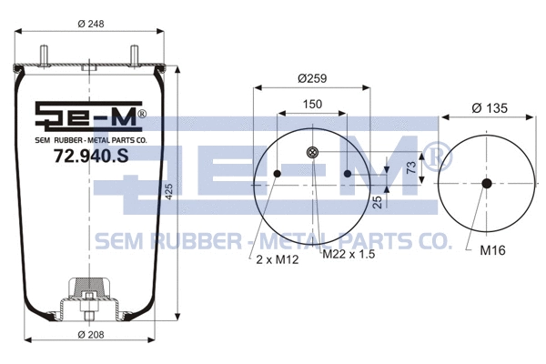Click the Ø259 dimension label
(x=312, y=79)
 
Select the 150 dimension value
(x=312, y=106)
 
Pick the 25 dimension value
(x=377, y=201)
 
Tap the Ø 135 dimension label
(x=490, y=108)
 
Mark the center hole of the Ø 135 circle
(x=486, y=184)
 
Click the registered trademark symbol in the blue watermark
(x=438, y=156)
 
